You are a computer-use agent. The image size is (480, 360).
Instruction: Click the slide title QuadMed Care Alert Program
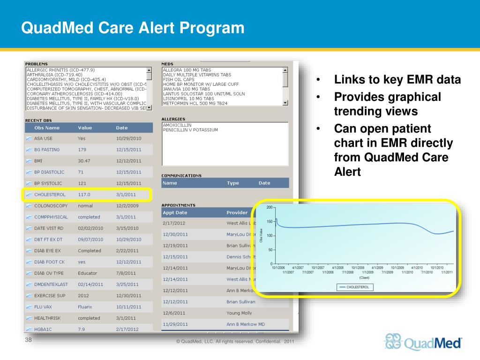tap(133, 28)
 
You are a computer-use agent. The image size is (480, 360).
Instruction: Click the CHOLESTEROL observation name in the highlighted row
tap(50, 194)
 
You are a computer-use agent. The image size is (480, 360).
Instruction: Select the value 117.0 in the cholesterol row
tap(84, 194)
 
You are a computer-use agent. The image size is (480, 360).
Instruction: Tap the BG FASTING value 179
tap(82, 150)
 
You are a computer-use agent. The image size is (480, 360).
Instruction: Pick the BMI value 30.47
tap(84, 161)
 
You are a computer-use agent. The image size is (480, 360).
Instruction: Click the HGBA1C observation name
tap(44, 329)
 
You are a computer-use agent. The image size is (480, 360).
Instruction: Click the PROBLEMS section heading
tap(36, 64)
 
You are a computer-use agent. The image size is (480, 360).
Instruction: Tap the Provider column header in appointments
tap(237, 212)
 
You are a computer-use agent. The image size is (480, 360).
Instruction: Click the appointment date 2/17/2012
tap(174, 223)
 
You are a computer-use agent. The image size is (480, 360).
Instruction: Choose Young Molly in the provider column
tap(239, 313)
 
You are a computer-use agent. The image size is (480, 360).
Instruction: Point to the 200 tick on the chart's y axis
tap(270, 207)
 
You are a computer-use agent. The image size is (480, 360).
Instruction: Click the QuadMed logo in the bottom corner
tap(423, 342)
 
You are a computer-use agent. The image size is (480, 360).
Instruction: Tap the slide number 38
tap(28, 340)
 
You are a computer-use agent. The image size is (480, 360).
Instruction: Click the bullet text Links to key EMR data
tap(397, 80)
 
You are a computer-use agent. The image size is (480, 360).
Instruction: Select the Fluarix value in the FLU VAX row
tap(85, 307)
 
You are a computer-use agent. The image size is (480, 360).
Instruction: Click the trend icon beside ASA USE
tap(29, 139)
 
